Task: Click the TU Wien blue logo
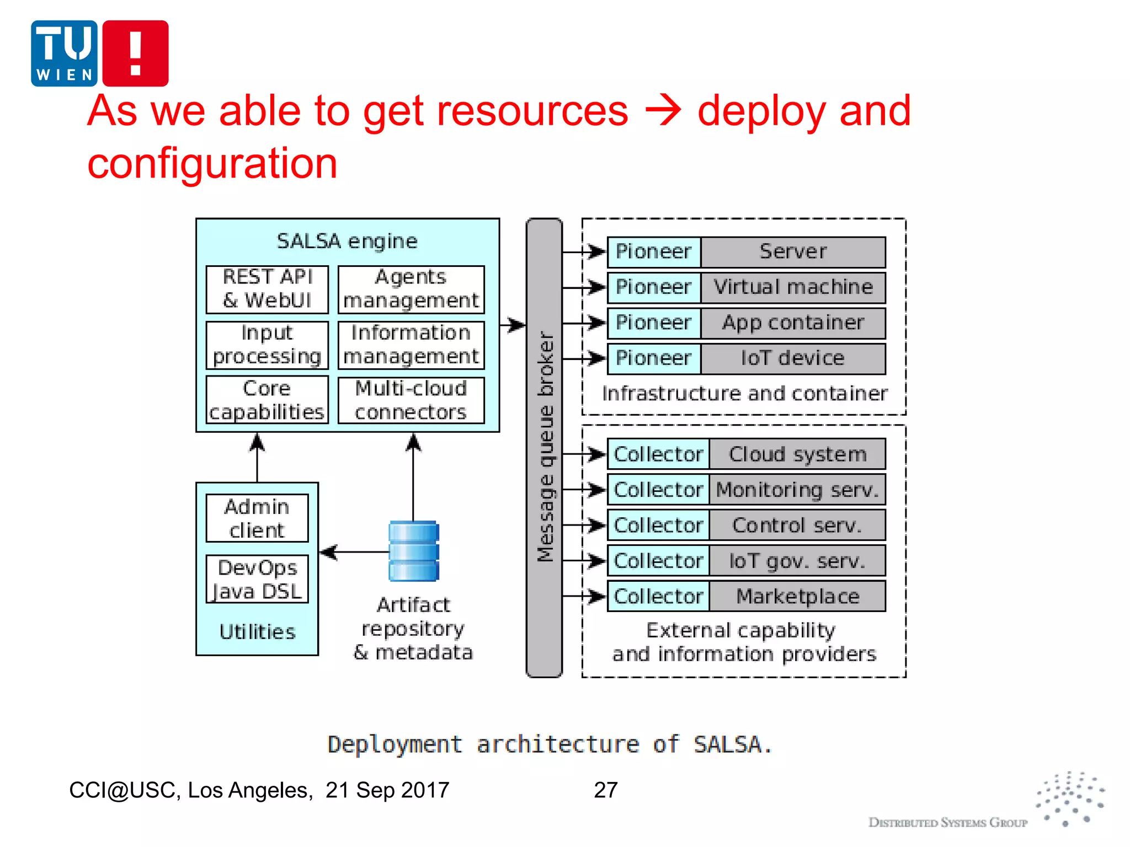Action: tap(64, 53)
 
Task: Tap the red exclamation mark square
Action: tap(135, 53)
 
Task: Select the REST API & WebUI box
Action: tap(267, 289)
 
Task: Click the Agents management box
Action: tap(411, 289)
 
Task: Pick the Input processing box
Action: tap(267, 345)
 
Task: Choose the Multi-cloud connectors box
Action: tap(411, 400)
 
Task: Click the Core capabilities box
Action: tap(267, 400)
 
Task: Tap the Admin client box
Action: tap(257, 518)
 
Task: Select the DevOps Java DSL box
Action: tap(257, 579)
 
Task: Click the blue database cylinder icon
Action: tap(414, 551)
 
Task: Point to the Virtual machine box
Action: tap(793, 287)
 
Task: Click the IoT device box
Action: tap(793, 358)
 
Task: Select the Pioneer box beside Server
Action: tap(654, 252)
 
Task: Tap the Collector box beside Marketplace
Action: tap(658, 596)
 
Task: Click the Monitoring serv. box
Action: tap(797, 490)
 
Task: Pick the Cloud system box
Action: tap(797, 454)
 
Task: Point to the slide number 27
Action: tap(605, 790)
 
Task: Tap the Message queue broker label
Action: tap(545, 447)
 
